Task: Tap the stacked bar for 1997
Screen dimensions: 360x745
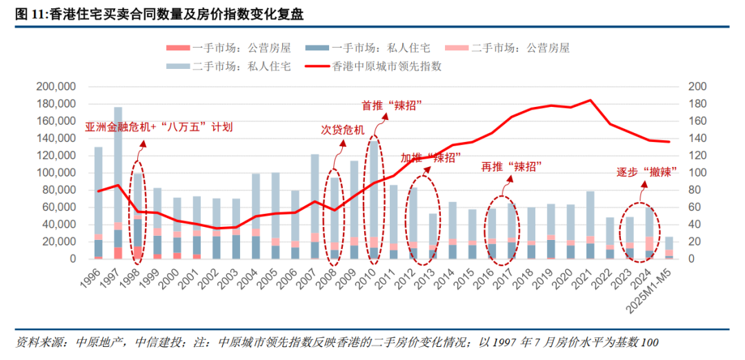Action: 118,183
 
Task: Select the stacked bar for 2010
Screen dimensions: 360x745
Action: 373,200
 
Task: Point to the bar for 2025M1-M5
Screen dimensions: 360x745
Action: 669,248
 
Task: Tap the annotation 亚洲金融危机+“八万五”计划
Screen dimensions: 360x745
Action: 159,127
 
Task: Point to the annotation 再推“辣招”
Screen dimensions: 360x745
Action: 510,166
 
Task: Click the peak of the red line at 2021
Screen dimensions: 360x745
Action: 590,100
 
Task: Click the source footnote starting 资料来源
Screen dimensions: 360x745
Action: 338,343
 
